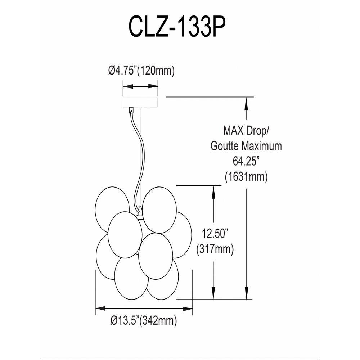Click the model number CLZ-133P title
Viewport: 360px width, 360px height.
[x=177, y=27]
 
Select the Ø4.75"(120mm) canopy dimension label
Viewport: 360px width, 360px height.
[x=141, y=71]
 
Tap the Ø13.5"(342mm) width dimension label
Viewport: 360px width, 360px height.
[x=144, y=320]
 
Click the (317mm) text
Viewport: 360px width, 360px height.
[x=215, y=249]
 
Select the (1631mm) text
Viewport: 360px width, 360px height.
[x=246, y=177]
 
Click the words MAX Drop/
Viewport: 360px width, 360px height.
[x=246, y=131]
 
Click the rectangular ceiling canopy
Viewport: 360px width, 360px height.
[x=140, y=102]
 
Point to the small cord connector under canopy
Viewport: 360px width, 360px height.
[x=131, y=111]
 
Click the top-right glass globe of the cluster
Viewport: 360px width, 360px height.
[x=159, y=210]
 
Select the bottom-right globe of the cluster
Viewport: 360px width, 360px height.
[x=163, y=279]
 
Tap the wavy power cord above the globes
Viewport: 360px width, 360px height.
[x=138, y=158]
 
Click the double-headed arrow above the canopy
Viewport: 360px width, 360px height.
[x=140, y=86]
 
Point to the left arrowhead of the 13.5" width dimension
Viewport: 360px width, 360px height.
[x=100, y=309]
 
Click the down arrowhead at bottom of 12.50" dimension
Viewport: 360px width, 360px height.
[x=213, y=294]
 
